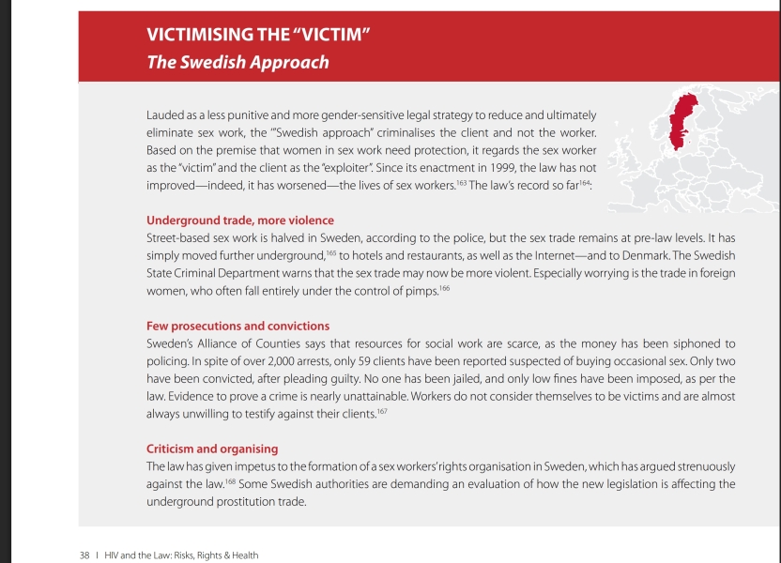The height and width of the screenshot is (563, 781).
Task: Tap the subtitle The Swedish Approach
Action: click(x=237, y=63)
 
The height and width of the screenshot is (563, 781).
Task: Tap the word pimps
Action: click(x=421, y=291)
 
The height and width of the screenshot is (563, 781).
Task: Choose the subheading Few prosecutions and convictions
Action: click(x=237, y=326)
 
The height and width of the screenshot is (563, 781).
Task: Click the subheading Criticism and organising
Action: click(x=212, y=449)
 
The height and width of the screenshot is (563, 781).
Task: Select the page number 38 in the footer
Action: click(x=84, y=555)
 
